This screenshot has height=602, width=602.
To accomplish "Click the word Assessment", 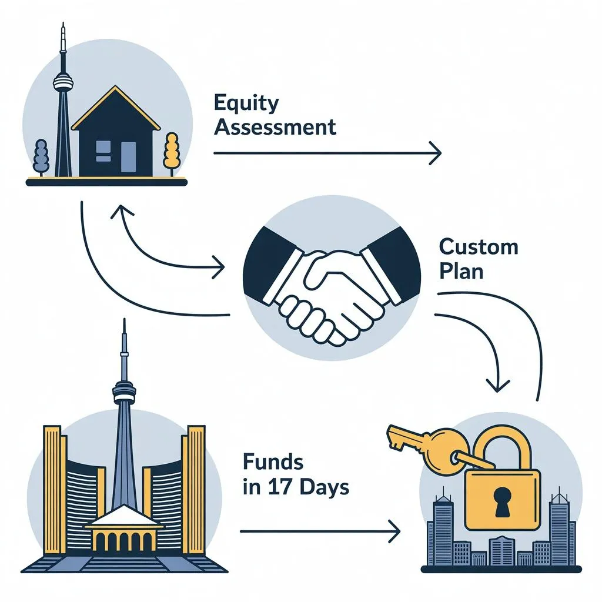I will click(275, 126).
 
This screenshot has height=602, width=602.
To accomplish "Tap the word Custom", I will click(479, 246).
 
